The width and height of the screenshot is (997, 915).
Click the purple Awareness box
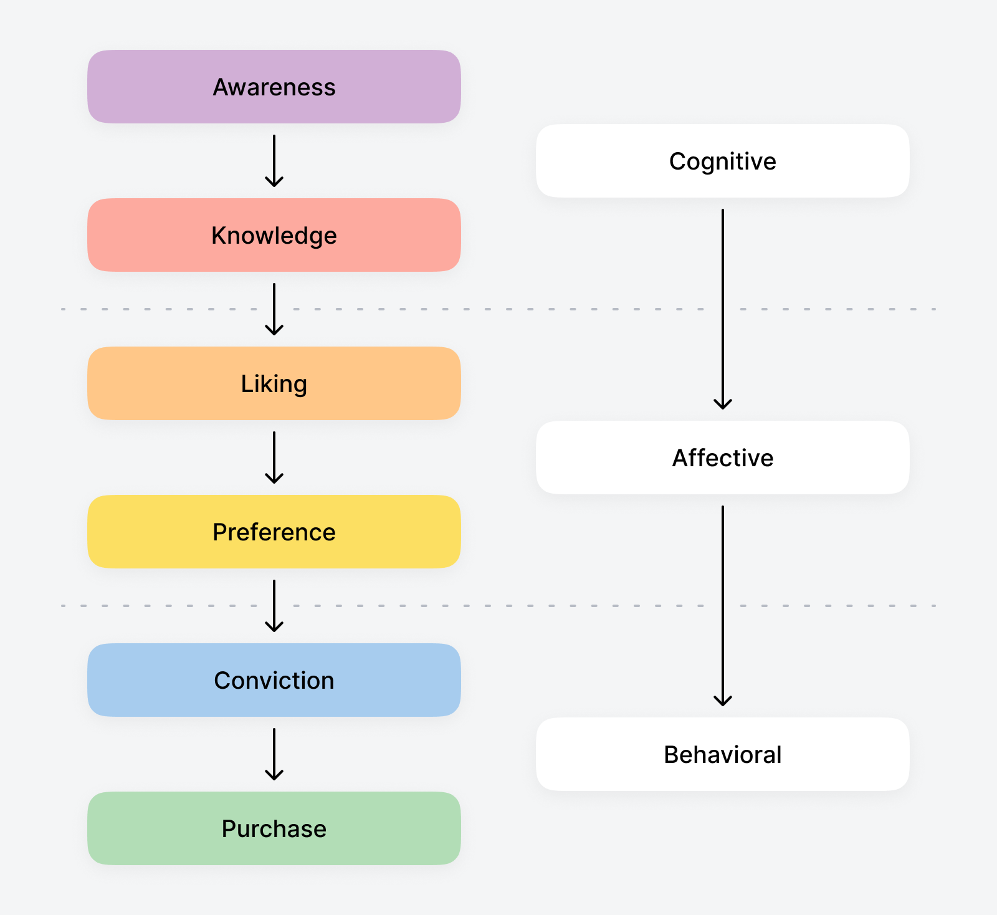click(274, 87)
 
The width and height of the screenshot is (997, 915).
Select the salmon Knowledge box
click(274, 235)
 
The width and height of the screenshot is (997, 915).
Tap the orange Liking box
click(274, 383)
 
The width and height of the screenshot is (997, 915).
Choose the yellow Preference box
click(274, 532)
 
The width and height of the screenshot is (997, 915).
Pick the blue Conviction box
click(274, 680)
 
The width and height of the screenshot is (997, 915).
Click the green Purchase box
click(274, 828)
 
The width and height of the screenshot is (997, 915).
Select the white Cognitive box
click(722, 161)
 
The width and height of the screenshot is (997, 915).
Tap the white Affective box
click(722, 457)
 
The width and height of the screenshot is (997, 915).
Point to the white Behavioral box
click(722, 754)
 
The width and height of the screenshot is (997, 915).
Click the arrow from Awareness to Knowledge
click(274, 160)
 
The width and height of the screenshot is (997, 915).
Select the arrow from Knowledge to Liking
click(274, 309)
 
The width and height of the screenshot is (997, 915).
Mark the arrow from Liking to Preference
click(274, 457)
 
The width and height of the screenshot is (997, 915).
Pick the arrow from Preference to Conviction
click(274, 605)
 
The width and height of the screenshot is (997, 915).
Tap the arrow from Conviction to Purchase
click(274, 754)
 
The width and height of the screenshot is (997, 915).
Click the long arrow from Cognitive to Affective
click(723, 309)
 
